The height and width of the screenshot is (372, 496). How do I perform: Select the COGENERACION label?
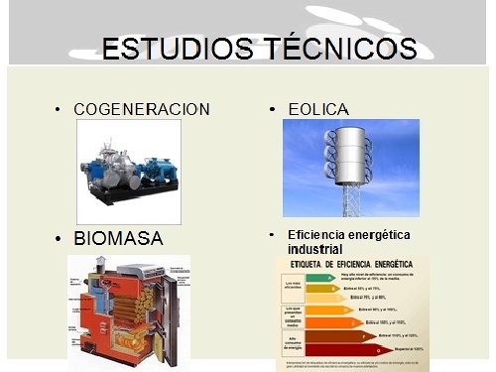[143, 109]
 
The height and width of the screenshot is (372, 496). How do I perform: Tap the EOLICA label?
[320, 109]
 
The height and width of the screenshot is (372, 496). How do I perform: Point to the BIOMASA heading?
[118, 240]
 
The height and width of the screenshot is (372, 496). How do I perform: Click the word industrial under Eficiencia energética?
[314, 249]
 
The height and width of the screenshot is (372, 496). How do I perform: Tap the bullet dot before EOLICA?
[272, 109]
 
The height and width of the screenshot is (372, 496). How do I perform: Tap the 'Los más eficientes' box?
[294, 287]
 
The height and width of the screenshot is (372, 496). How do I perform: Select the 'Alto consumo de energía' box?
[294, 343]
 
